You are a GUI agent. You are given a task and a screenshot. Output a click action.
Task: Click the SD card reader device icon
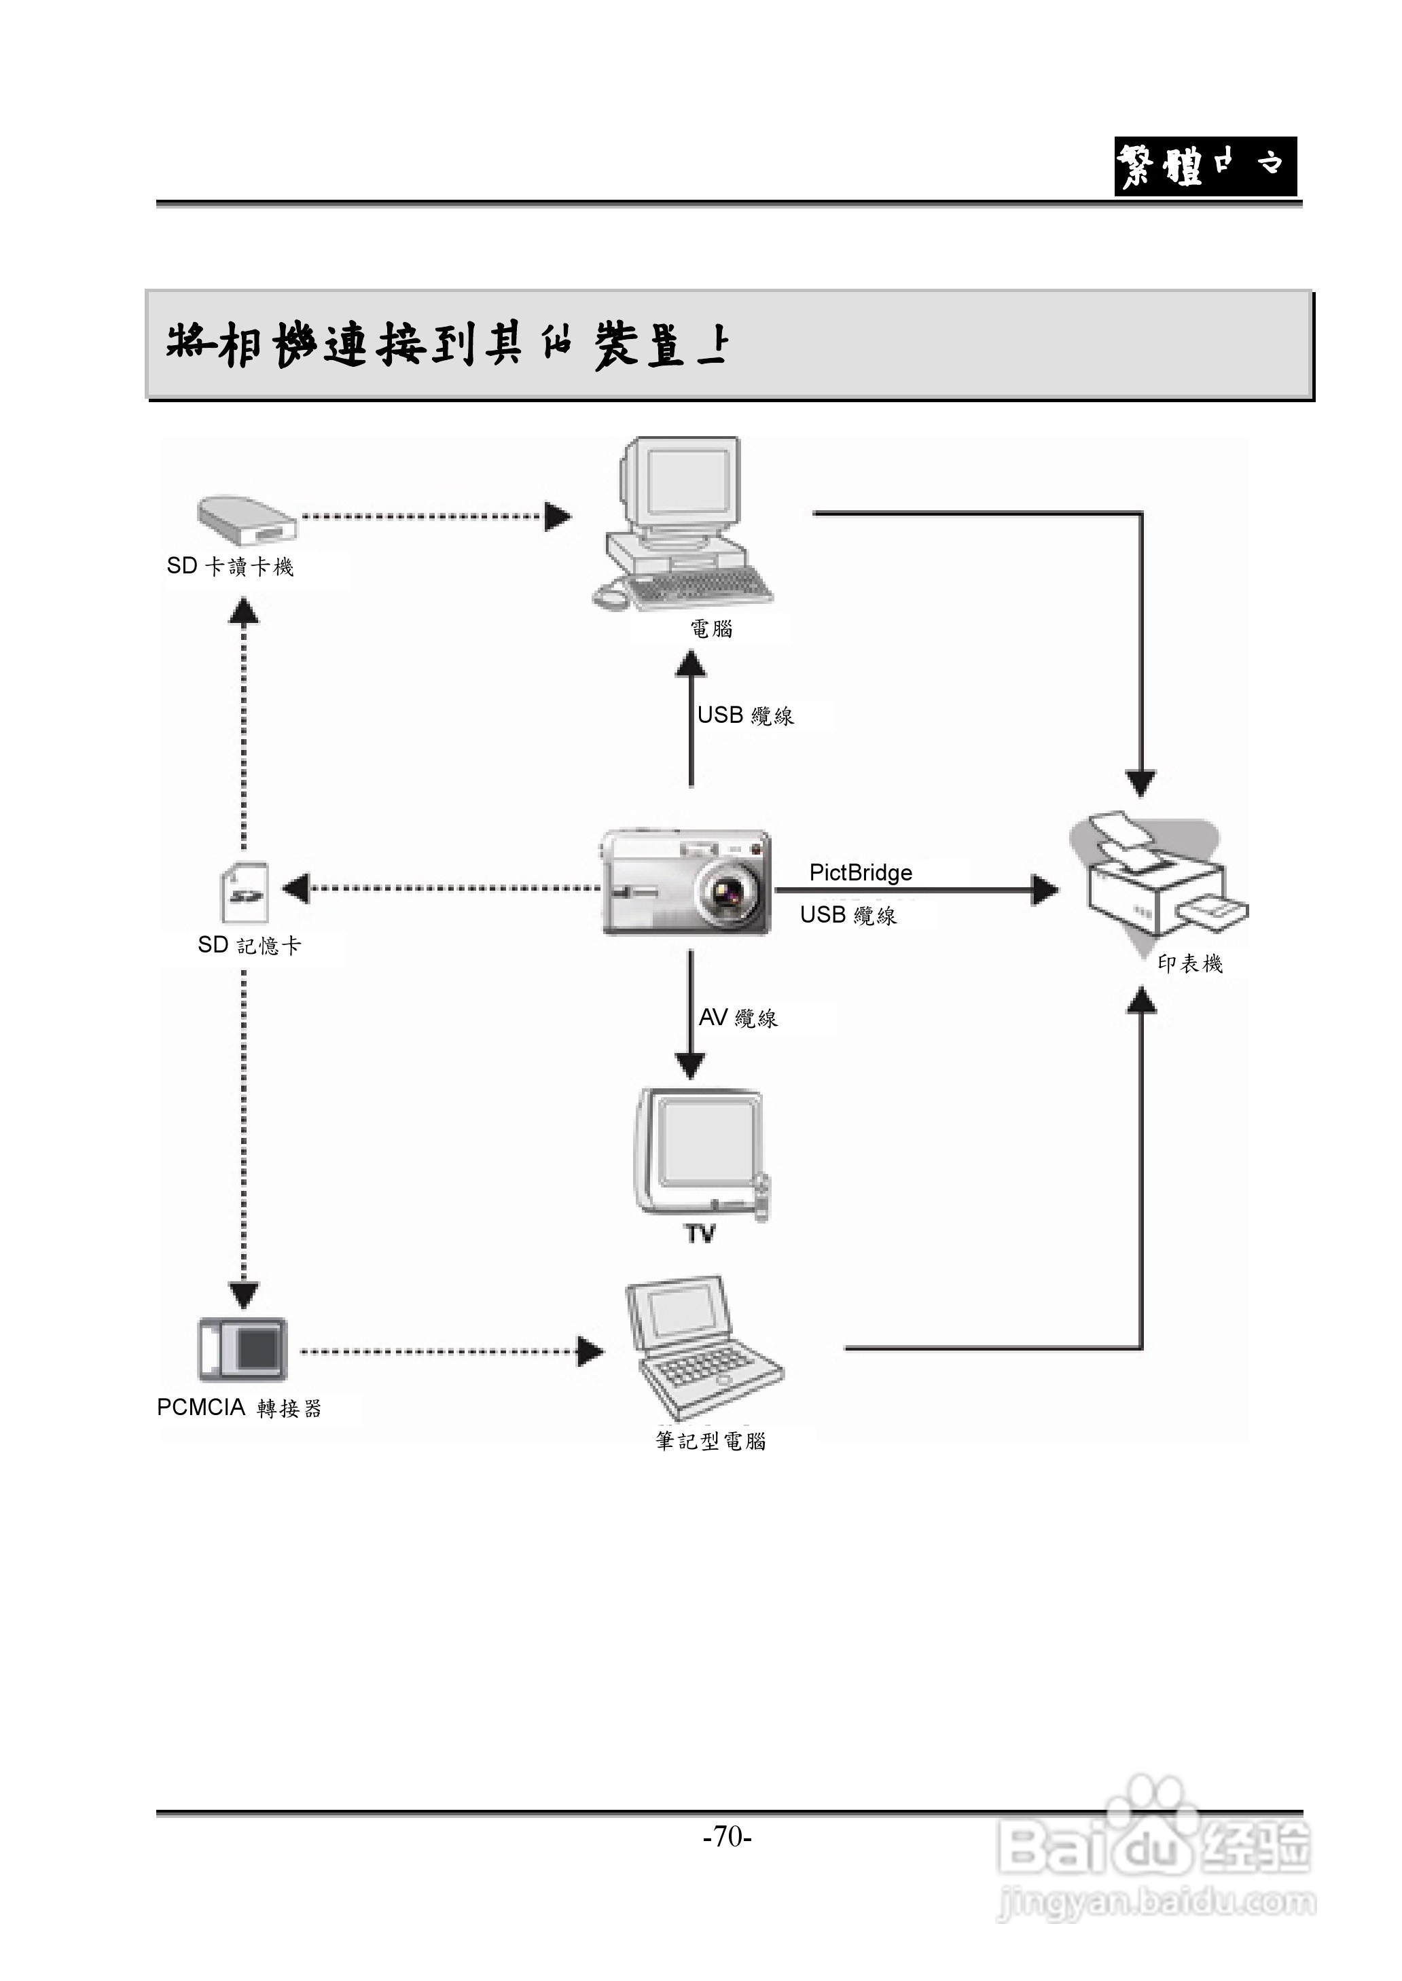click(x=247, y=520)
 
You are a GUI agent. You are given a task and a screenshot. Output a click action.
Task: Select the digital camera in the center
click(x=685, y=882)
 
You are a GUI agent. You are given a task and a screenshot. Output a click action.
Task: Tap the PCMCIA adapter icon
click(x=242, y=1350)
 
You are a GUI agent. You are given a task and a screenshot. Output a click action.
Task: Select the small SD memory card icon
click(x=245, y=893)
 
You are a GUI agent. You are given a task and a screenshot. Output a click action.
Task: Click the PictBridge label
click(x=860, y=873)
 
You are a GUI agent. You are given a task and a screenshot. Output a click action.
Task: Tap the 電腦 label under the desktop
click(x=711, y=629)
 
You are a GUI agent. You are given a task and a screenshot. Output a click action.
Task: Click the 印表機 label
click(x=1189, y=964)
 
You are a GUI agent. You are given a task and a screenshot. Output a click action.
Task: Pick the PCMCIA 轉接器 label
click(x=239, y=1408)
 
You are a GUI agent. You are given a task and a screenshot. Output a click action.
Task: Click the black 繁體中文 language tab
click(x=1205, y=166)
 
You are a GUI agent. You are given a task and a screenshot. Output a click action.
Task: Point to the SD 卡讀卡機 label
click(x=230, y=567)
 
